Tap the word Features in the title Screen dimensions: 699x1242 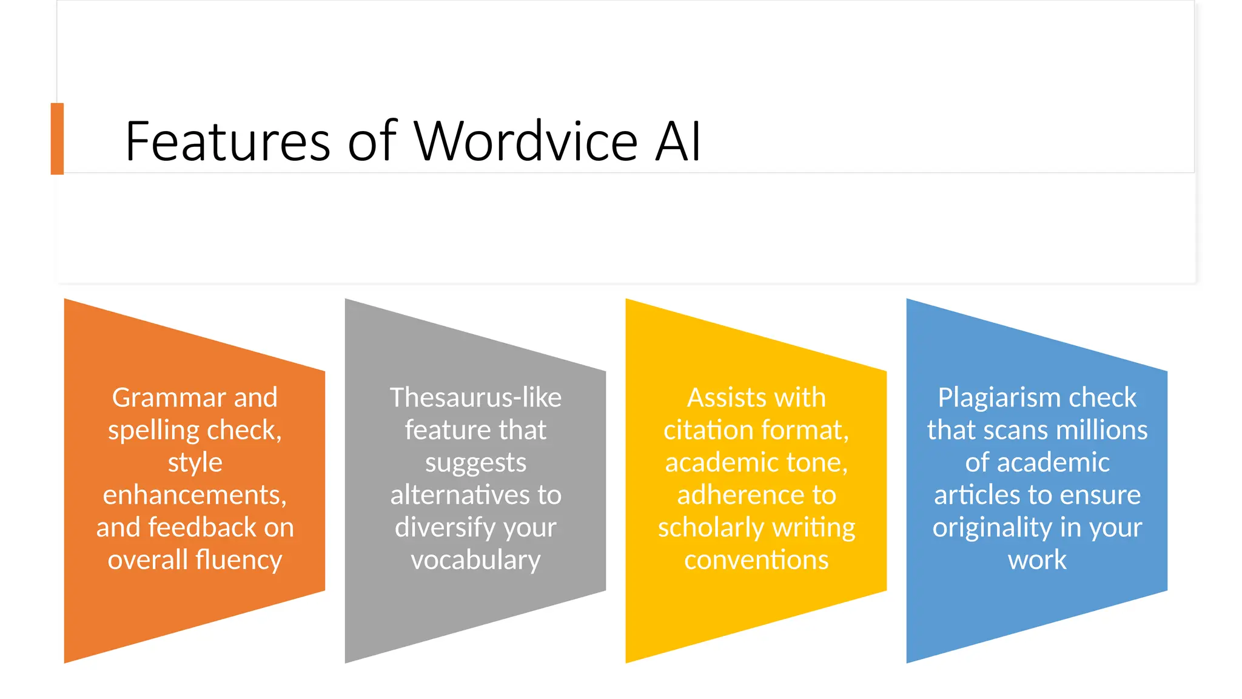227,141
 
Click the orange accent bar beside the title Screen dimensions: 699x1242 57,138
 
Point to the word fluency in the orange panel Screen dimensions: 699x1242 238,560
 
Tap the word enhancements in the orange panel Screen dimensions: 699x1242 194,495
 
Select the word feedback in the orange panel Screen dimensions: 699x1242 203,527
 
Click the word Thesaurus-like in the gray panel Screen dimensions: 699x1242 475,398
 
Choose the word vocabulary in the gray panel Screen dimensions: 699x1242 475,560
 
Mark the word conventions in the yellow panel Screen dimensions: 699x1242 756,560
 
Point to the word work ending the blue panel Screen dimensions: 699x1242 1037,560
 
